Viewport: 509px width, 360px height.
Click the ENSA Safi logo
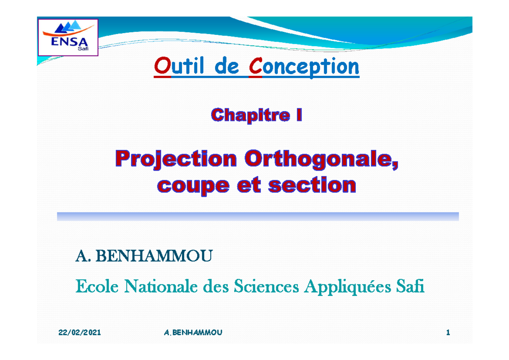coord(68,37)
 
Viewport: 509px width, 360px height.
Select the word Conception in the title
coord(304,67)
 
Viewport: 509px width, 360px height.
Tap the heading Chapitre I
coord(257,115)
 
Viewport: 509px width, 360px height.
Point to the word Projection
coord(176,160)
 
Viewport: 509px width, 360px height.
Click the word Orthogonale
coord(322,160)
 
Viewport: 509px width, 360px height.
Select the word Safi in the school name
coord(410,287)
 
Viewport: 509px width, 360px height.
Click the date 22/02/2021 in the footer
coord(79,332)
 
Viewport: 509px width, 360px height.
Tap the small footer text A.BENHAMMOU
coord(193,332)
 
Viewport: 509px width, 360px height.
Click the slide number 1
coord(447,332)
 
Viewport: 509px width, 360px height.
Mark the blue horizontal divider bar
coord(258,217)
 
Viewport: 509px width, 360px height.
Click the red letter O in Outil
coord(160,67)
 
